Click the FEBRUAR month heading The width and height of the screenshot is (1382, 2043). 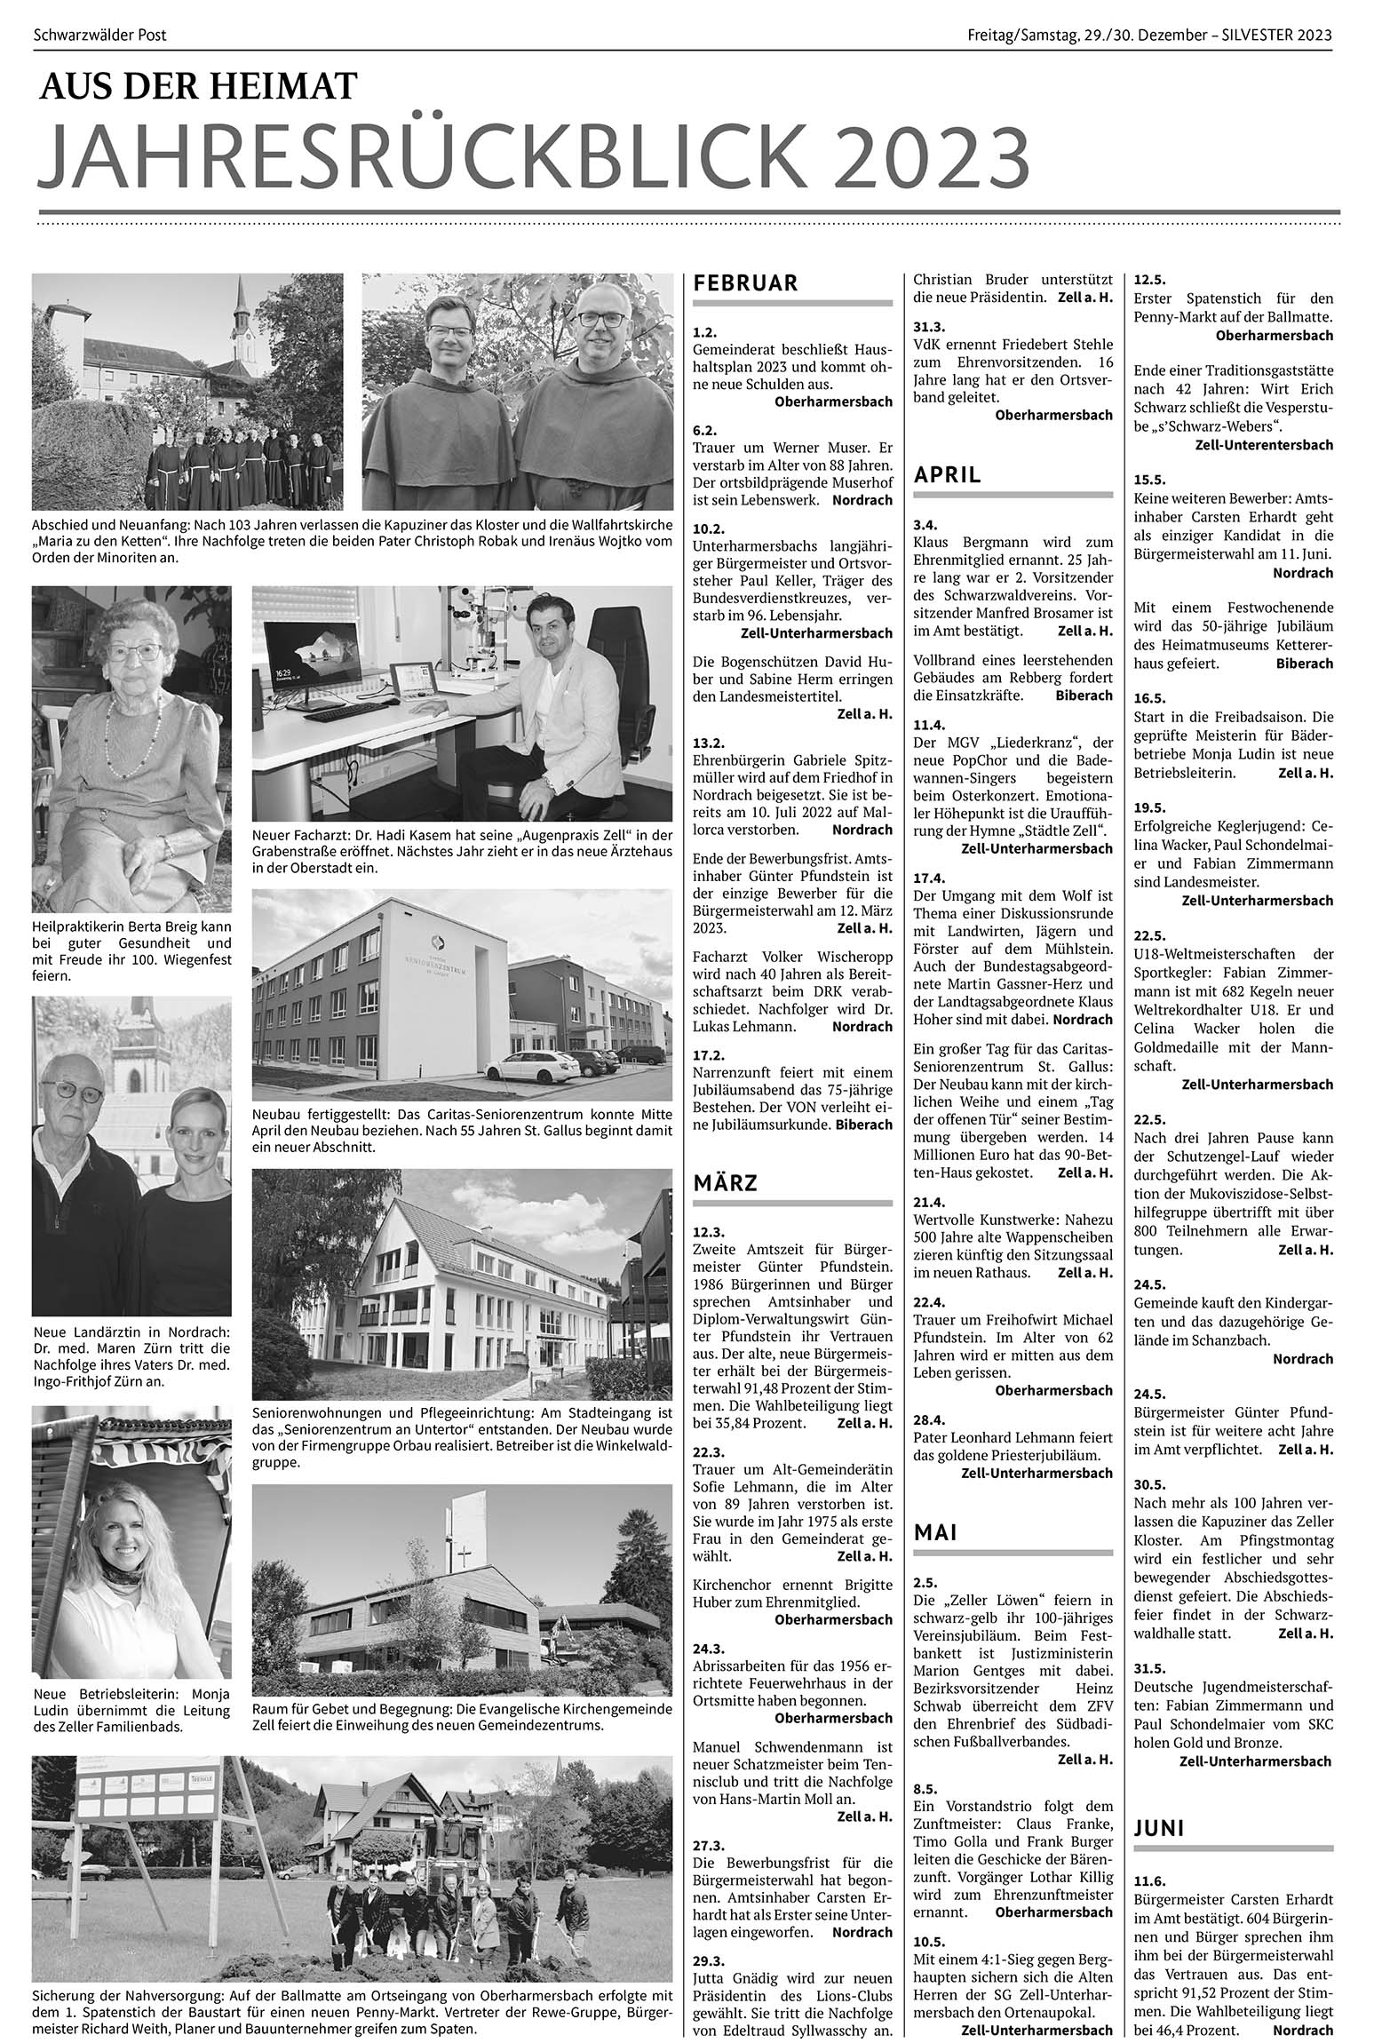coord(745,283)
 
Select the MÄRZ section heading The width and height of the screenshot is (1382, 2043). coord(725,1183)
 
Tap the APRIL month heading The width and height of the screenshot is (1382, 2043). coord(947,474)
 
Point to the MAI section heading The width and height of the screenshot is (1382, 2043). coord(936,1531)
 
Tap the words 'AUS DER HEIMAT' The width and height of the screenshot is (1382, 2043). coord(197,85)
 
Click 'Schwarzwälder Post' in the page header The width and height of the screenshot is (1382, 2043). coord(99,36)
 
